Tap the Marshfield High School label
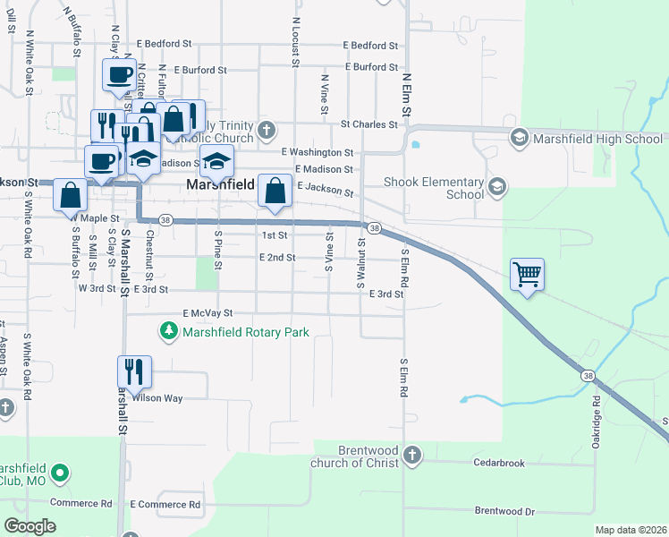click(597, 138)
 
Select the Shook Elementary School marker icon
click(497, 187)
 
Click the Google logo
click(30, 525)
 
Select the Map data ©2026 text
click(630, 530)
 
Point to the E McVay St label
click(207, 313)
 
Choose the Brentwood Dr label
click(504, 511)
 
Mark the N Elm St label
click(406, 94)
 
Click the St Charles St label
click(368, 124)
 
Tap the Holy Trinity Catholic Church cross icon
click(266, 132)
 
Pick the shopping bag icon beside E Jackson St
click(275, 190)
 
